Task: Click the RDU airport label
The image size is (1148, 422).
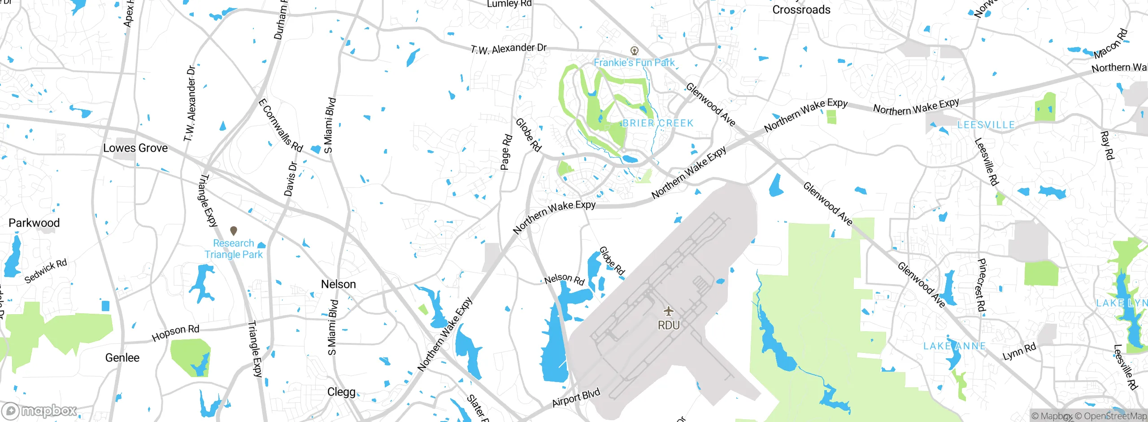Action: pyautogui.click(x=669, y=325)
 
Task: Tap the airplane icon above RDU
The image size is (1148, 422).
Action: pyautogui.click(x=669, y=311)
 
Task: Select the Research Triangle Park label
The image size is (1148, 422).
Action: pyautogui.click(x=234, y=249)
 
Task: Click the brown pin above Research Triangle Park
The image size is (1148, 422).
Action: pyautogui.click(x=234, y=231)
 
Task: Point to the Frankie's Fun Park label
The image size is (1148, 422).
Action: pyautogui.click(x=634, y=62)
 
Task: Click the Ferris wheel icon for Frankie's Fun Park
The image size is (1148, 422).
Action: pyautogui.click(x=635, y=50)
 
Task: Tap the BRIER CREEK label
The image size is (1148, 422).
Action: pyautogui.click(x=658, y=123)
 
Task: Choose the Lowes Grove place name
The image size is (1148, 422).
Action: pyautogui.click(x=135, y=148)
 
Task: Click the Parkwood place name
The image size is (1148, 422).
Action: pyautogui.click(x=34, y=223)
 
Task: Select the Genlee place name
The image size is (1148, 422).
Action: pyautogui.click(x=122, y=358)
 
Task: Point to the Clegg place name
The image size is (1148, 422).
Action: pyautogui.click(x=341, y=392)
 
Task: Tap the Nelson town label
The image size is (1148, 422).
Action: pyautogui.click(x=339, y=284)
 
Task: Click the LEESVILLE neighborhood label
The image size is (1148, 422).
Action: pyautogui.click(x=986, y=125)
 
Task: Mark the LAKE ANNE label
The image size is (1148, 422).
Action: pyautogui.click(x=955, y=346)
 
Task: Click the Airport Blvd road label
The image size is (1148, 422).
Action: pyautogui.click(x=576, y=398)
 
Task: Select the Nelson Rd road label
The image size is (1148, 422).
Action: pyautogui.click(x=565, y=279)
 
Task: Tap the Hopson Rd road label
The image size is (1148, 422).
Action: pyautogui.click(x=175, y=333)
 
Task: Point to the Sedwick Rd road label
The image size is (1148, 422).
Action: pyautogui.click(x=45, y=271)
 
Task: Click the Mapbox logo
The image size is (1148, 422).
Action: pyautogui.click(x=39, y=411)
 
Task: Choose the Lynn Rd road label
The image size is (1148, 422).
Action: pyautogui.click(x=1019, y=351)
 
